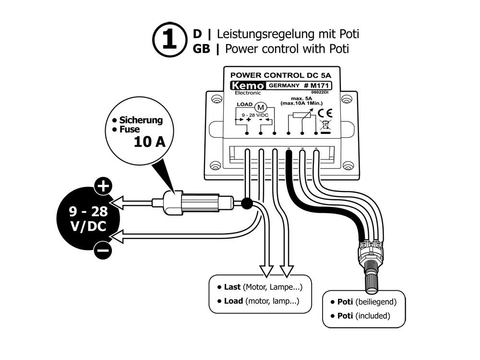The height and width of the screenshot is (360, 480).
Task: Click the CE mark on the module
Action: coord(323,113)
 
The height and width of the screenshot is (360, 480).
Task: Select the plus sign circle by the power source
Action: coord(103,187)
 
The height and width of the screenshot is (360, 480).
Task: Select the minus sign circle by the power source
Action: coord(103,250)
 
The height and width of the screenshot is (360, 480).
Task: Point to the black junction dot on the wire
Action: coord(247,203)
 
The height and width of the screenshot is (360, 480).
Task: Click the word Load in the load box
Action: coord(234,301)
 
